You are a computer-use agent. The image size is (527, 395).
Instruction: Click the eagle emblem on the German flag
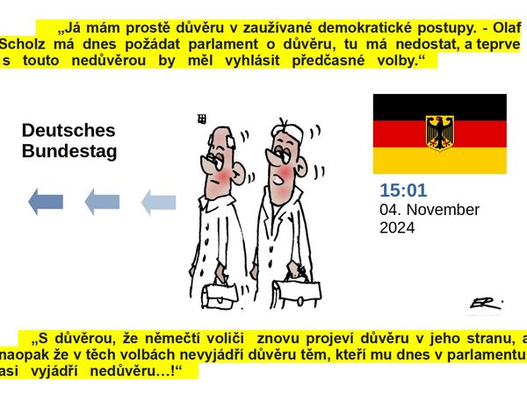[x=440, y=132]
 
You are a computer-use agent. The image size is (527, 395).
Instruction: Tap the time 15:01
[x=403, y=190]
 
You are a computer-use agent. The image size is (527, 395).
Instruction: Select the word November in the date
[x=443, y=210]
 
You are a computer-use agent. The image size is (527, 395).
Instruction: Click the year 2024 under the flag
[x=397, y=227]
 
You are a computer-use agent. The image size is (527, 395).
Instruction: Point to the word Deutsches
[x=69, y=130]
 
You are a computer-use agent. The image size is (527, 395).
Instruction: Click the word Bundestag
[x=69, y=151]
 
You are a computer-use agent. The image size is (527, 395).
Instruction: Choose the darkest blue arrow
[x=46, y=202]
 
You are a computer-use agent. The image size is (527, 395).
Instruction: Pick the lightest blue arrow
[x=159, y=202]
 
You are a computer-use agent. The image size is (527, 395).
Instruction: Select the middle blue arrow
[x=102, y=202]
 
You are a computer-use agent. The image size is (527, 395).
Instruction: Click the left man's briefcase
[x=221, y=295]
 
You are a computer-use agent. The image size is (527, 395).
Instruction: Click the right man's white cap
[x=288, y=132]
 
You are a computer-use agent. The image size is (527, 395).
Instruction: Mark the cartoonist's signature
[x=486, y=304]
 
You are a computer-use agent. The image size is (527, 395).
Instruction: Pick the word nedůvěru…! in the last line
[x=133, y=371]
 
